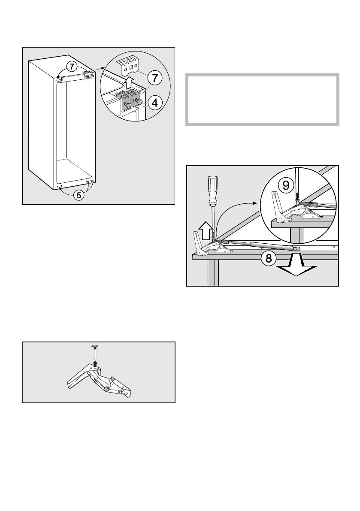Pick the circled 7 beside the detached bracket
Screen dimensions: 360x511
pos(154,79)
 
